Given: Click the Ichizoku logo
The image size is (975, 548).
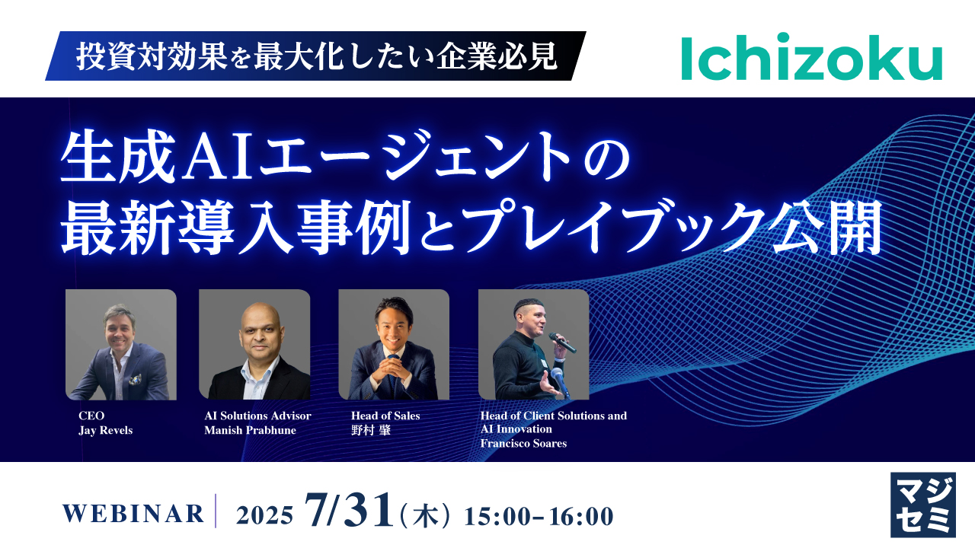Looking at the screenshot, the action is coord(812,56).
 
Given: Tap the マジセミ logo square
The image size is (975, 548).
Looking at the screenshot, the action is coord(923,505).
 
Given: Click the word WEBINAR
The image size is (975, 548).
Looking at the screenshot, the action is coord(133,514).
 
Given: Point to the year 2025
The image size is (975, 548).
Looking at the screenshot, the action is coord(264,516).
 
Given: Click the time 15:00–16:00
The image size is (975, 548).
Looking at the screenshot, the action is coord(539,516).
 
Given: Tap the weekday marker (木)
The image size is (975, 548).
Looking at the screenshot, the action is coord(424,516).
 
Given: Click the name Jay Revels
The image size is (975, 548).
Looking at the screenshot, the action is coord(105,430).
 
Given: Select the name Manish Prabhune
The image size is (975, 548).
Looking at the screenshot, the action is coord(251,430).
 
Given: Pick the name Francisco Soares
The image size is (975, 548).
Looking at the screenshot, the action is coord(523,444).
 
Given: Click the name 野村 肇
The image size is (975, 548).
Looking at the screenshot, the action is coord(371,430).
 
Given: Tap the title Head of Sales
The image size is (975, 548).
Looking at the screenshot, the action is coord(385,416).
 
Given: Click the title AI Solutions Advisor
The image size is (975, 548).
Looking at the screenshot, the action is coord(257,416).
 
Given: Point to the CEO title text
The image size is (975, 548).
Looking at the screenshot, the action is coord(91,416).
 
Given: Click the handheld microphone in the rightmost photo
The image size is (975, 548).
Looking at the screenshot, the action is coord(562,342).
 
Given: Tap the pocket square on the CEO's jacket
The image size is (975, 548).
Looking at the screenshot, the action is coord(135,379).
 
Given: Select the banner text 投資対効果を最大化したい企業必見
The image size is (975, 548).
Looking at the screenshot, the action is coord(316,56).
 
